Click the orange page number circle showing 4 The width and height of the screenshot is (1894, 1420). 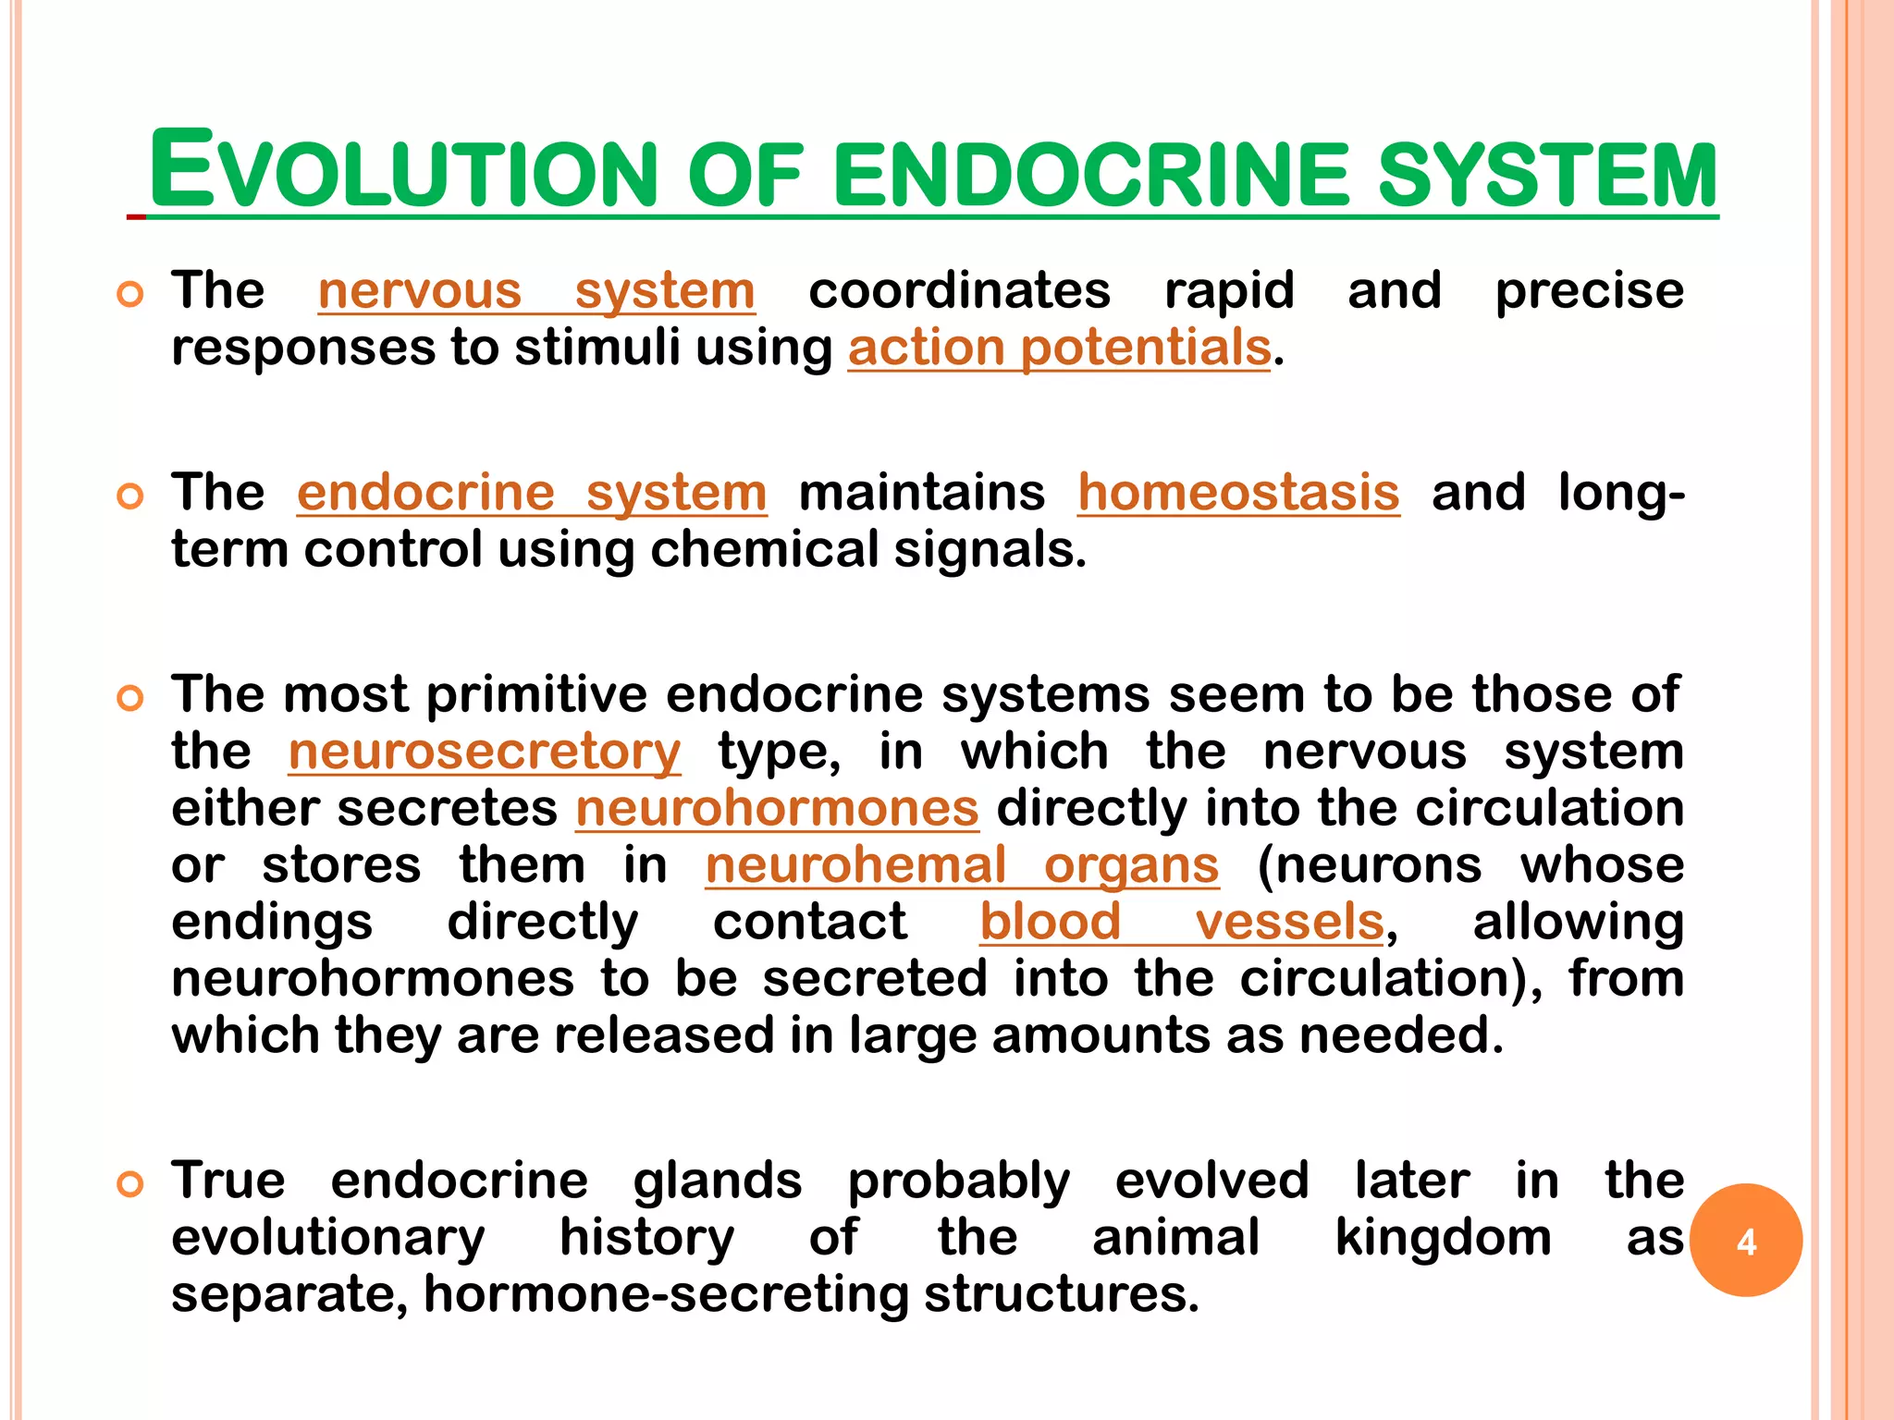coord(1745,1240)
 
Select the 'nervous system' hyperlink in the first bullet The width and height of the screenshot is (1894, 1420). coord(536,291)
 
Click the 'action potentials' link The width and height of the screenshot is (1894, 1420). coord(1059,349)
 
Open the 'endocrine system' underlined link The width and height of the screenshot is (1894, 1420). coord(532,492)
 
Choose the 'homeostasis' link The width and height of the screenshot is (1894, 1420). coord(1238,492)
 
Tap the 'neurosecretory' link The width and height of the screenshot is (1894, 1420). coord(485,752)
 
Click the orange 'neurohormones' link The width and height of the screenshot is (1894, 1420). coord(777,808)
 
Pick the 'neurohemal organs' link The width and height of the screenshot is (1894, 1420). coord(962,865)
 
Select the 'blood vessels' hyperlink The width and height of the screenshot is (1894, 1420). coord(1182,922)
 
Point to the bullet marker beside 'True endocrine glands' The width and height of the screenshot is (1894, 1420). coord(130,1184)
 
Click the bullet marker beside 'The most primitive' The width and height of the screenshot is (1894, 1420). coord(130,698)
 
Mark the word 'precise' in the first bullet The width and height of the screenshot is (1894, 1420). coord(1589,291)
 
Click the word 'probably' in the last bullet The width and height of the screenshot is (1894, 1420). coord(958,1181)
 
